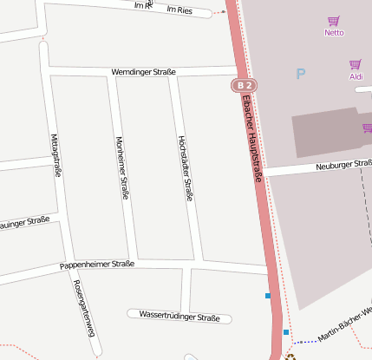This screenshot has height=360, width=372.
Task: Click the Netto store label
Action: [x=333, y=33]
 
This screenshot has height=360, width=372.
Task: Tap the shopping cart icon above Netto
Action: [x=333, y=21]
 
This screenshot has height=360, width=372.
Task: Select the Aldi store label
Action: [x=356, y=77]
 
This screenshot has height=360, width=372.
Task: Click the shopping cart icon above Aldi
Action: [x=355, y=65]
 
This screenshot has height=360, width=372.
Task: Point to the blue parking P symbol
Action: [x=301, y=75]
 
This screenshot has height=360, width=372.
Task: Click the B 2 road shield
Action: [x=245, y=85]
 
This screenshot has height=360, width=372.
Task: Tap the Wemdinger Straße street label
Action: [x=143, y=72]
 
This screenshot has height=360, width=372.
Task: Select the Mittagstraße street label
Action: [x=55, y=155]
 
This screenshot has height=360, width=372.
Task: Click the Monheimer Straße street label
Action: [x=121, y=168]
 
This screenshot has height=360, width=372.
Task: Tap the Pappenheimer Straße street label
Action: [x=96, y=264]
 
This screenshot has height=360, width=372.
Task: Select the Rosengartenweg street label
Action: [x=84, y=309]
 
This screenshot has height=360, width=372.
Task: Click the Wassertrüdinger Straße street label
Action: [x=179, y=317]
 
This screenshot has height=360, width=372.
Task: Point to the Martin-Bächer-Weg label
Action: [x=344, y=323]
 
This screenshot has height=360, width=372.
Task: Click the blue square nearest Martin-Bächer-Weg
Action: [x=286, y=331]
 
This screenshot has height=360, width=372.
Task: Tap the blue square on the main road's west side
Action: [x=268, y=296]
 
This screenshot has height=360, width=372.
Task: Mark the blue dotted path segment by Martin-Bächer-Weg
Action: [x=305, y=343]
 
